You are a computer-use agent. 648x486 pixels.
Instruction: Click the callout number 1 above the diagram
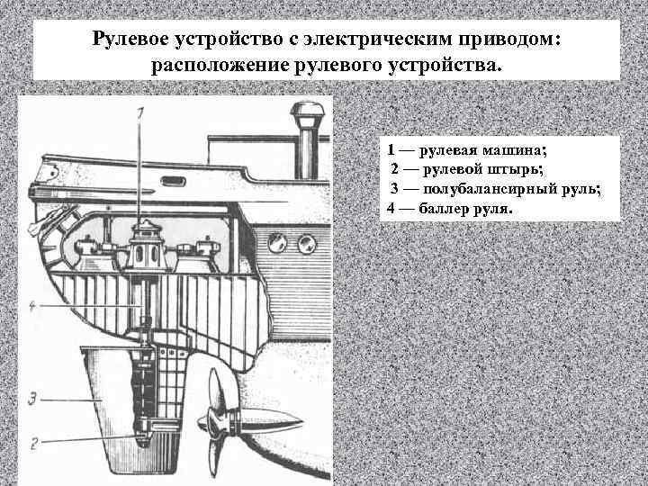[140, 112]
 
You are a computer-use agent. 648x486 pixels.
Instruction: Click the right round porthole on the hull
[307, 242]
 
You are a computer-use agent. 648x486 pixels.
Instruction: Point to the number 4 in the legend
[391, 208]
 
